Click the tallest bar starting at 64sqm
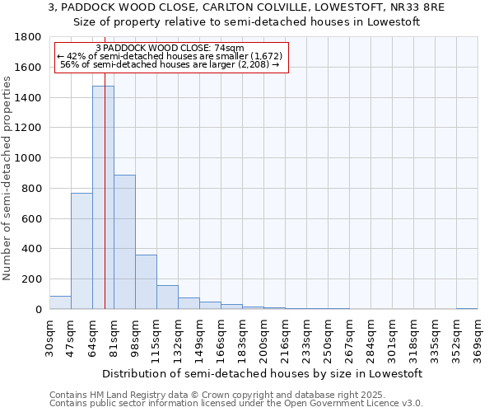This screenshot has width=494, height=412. (x=103, y=198)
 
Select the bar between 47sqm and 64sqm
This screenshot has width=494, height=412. (x=82, y=251)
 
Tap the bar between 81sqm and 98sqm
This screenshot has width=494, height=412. (x=124, y=242)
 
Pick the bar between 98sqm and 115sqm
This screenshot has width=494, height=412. (x=146, y=282)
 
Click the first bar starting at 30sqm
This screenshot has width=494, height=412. (x=60, y=302)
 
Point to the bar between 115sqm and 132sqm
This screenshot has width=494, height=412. (x=167, y=297)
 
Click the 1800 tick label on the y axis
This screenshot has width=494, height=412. (x=28, y=37)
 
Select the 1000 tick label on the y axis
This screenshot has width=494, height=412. (x=28, y=158)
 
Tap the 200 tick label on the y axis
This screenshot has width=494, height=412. (x=32, y=279)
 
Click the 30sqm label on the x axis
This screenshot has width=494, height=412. (x=49, y=337)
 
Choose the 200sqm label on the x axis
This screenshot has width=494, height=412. (x=263, y=339)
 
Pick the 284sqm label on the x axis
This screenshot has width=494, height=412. (x=370, y=339)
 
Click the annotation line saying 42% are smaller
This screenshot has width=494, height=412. (x=170, y=56)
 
